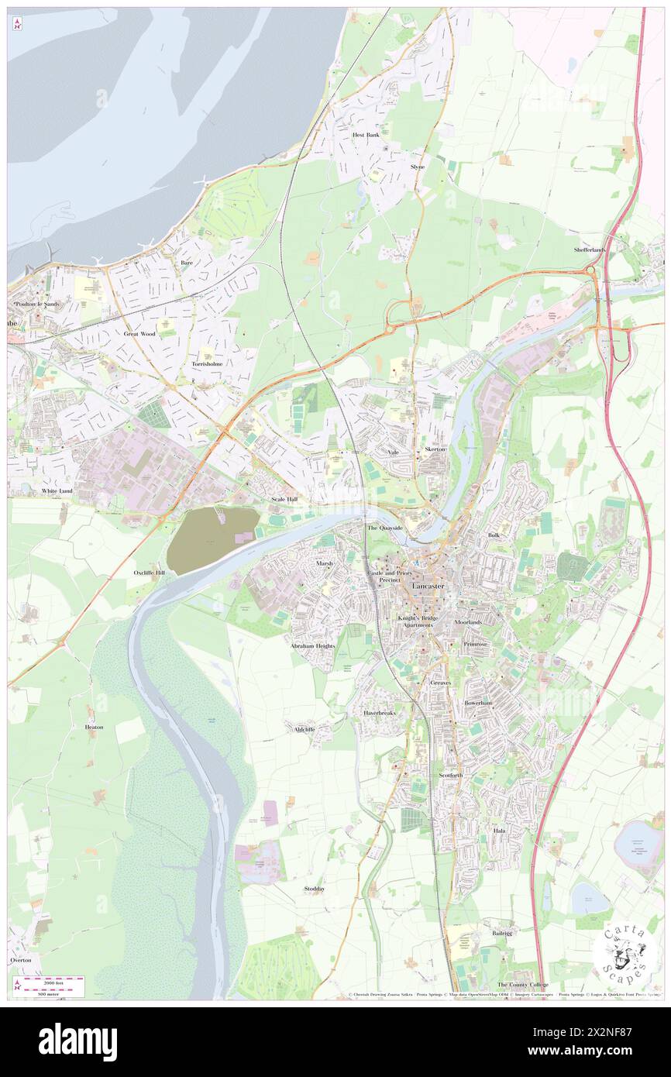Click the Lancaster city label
pos(428,587)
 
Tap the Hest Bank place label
pos(366,135)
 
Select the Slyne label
pos(418,167)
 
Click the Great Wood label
pos(139,334)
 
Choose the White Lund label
pos(57,491)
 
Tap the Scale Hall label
pos(284,500)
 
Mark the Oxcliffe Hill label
pos(149,573)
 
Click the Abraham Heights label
pos(313,645)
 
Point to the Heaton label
pos(94,728)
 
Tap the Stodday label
pos(315,889)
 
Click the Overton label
pos(21,960)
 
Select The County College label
pos(522,985)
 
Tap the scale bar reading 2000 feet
pos(51,982)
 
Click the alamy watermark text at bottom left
pos(77,1042)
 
